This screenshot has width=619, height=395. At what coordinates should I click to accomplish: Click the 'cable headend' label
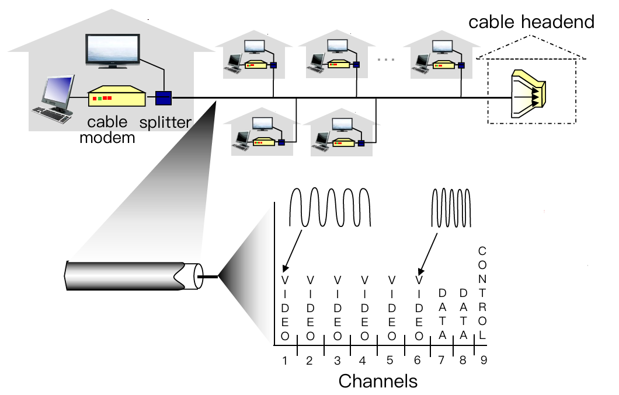pos(531,22)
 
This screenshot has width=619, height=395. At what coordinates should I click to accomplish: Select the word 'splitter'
pos(165,123)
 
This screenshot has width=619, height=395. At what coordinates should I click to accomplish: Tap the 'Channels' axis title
pos(378,381)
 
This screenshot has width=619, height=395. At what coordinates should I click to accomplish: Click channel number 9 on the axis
pos(484,360)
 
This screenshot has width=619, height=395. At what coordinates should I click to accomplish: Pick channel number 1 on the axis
pos(285,360)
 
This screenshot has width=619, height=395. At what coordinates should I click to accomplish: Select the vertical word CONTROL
pos(482,295)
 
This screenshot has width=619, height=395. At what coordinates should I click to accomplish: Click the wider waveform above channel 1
pos(331,207)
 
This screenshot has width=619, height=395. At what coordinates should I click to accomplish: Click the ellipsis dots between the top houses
pos(386,59)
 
